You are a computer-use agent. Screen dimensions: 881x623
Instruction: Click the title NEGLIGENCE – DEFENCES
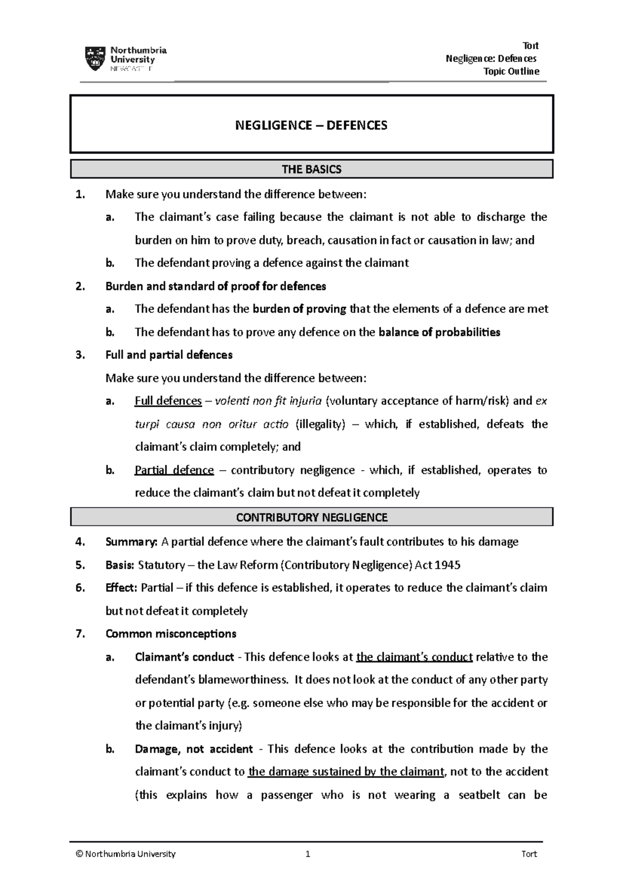[311, 125]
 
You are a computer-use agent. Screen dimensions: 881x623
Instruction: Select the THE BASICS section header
[311, 169]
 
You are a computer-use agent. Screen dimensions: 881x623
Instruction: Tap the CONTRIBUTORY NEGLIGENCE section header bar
[311, 517]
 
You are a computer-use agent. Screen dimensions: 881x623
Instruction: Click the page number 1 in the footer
[308, 854]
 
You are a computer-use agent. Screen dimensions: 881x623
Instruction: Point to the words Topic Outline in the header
[511, 71]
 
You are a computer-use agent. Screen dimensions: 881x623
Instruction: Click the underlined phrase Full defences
[168, 401]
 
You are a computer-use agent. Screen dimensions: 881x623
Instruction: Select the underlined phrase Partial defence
[174, 470]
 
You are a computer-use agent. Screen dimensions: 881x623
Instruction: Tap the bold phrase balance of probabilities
[439, 332]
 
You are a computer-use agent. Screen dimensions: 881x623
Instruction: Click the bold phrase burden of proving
[300, 309]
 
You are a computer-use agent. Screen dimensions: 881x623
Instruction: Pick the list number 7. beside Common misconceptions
[79, 634]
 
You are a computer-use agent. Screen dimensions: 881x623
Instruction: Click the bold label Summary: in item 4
[131, 542]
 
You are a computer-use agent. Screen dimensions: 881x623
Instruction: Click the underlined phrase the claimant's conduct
[414, 657]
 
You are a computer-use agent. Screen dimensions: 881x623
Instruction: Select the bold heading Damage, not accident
[194, 749]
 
